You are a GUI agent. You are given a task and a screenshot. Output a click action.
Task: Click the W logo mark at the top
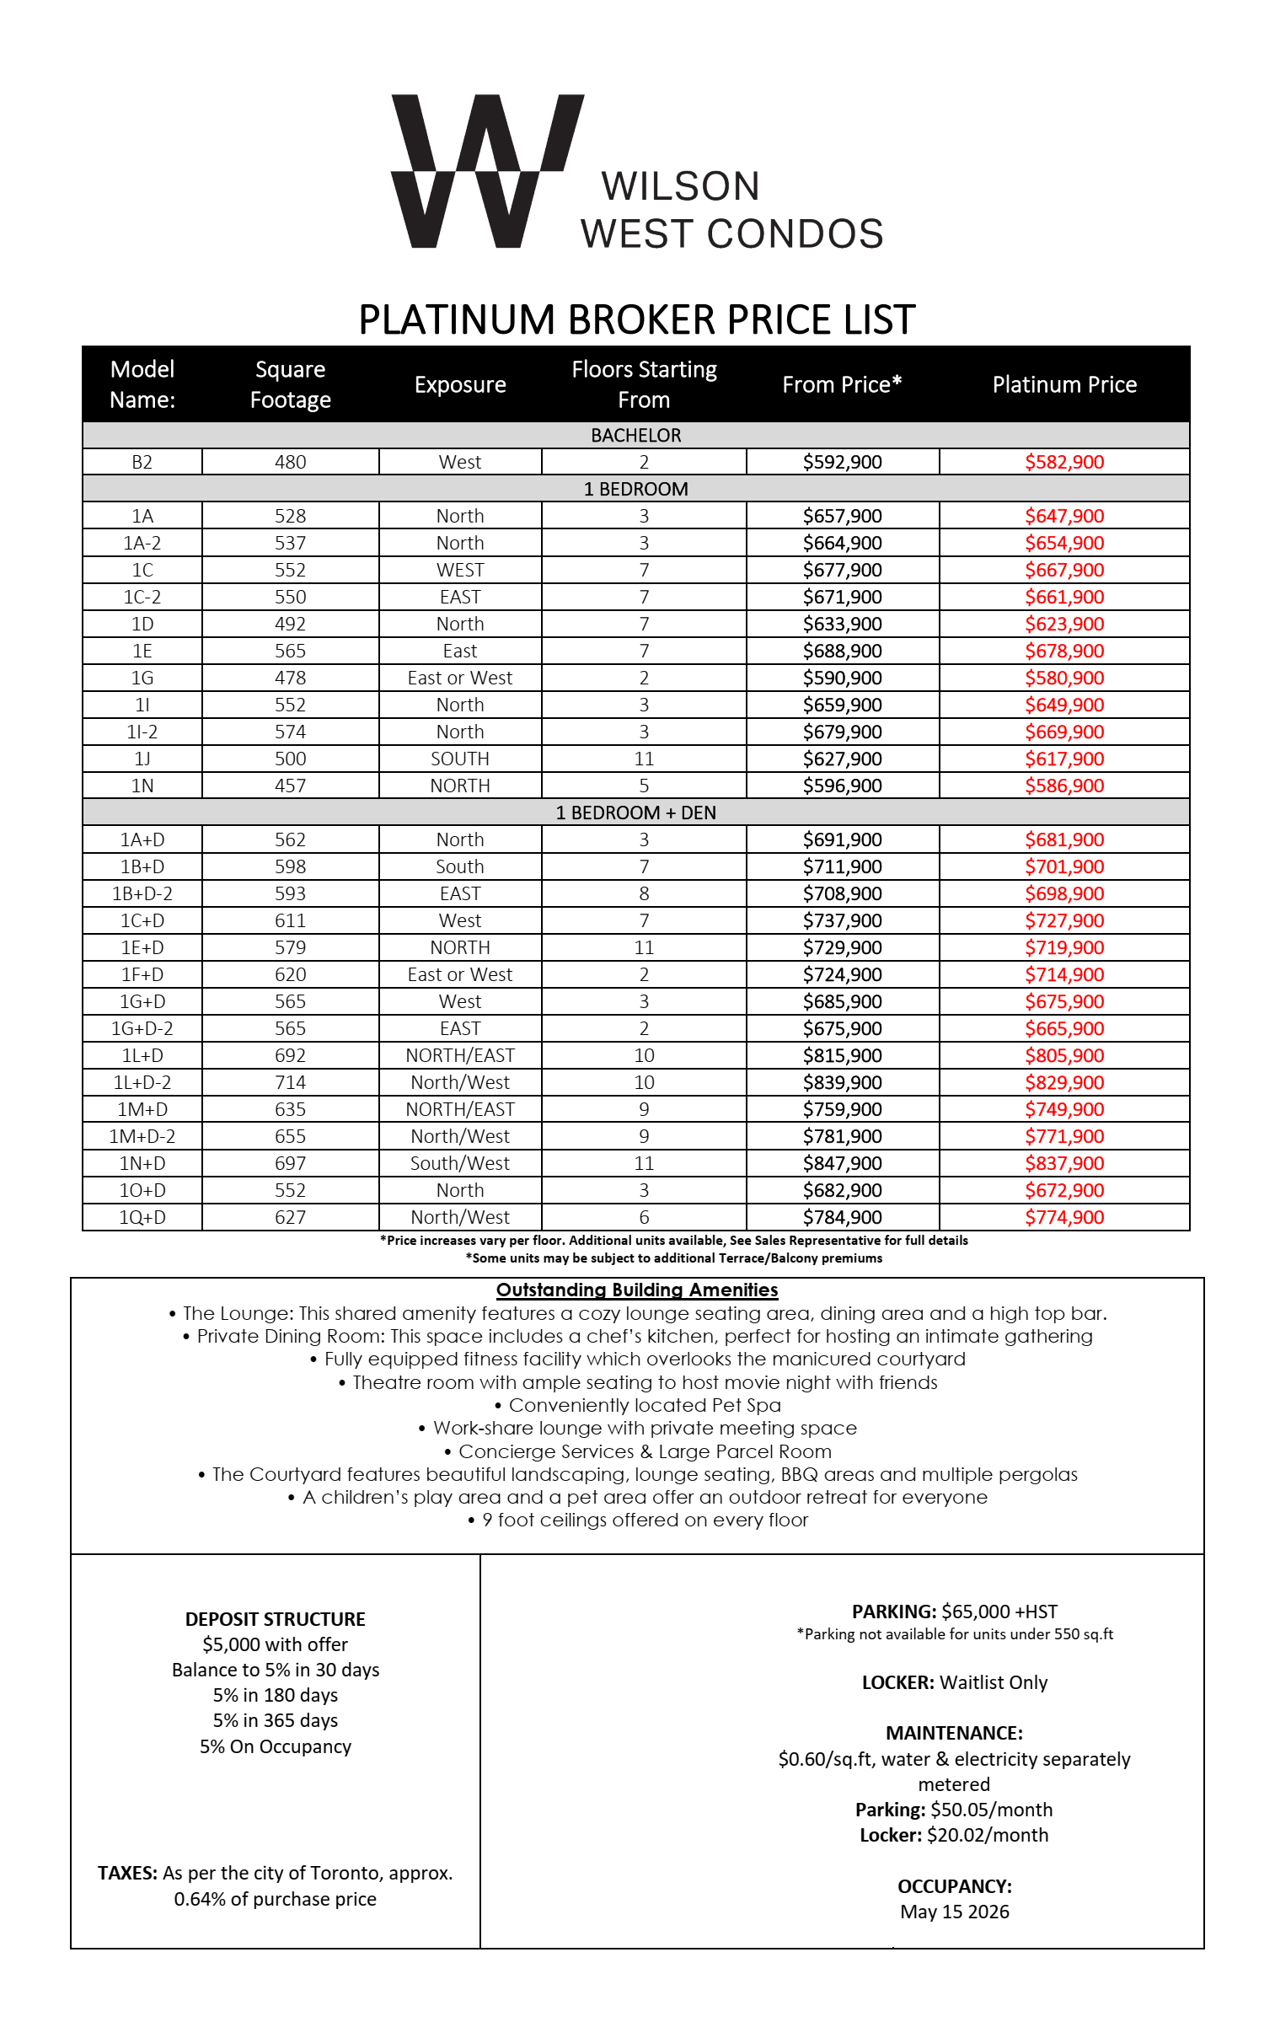(486, 171)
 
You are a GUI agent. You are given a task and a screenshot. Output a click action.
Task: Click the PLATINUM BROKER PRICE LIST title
(636, 320)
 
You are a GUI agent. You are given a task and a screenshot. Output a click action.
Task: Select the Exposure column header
(459, 384)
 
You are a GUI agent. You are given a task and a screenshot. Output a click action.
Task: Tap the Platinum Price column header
(1064, 384)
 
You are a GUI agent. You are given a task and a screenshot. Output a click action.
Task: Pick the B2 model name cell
(142, 462)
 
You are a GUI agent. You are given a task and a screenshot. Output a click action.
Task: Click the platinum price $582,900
(1064, 462)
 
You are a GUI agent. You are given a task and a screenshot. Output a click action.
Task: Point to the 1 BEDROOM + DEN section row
(635, 813)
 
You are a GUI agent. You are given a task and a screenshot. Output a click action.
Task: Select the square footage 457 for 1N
(290, 786)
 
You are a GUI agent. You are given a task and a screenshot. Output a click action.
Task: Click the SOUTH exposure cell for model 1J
(459, 759)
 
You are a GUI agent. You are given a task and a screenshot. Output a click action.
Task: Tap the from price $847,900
(842, 1164)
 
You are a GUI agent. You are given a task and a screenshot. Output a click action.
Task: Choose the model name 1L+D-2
(142, 1083)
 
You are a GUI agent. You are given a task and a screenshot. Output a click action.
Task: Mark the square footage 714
(290, 1083)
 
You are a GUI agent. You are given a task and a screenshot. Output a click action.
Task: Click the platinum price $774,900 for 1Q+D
(1064, 1218)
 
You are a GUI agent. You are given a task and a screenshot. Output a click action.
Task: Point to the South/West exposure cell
(459, 1164)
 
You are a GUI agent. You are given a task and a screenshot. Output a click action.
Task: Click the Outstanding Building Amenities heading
(636, 1290)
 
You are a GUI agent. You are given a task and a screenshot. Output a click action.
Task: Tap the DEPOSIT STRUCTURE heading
(275, 1620)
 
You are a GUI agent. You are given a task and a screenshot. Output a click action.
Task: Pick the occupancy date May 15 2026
(955, 1912)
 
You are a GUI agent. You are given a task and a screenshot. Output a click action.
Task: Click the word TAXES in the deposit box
(127, 1874)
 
